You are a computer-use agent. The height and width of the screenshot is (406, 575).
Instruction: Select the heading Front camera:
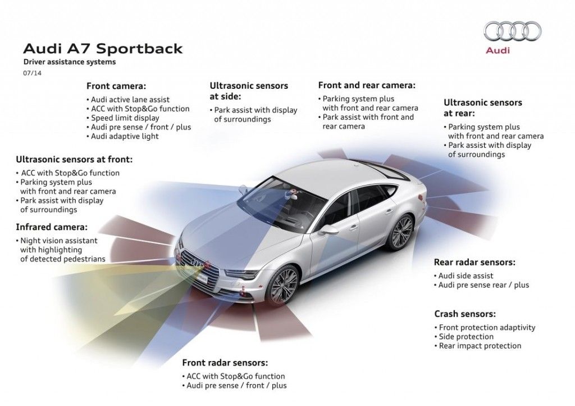pos(116,86)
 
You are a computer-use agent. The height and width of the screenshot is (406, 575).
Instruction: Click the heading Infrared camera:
pos(52,227)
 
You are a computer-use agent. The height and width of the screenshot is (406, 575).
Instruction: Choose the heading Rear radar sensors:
pos(474,262)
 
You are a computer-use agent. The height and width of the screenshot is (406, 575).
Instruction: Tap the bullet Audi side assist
pos(466,276)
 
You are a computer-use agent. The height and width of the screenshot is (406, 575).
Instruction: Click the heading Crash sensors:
pos(465,314)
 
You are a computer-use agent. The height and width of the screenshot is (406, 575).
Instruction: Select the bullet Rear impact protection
pos(480,346)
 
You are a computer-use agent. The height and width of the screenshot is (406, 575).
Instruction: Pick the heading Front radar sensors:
pos(225,363)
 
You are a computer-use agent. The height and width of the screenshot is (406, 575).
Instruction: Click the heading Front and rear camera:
pos(367,85)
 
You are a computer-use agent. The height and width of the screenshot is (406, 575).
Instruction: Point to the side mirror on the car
pos(328,230)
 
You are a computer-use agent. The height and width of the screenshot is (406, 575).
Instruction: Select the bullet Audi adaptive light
pos(125,136)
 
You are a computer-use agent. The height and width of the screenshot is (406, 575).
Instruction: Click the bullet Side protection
pos(466,337)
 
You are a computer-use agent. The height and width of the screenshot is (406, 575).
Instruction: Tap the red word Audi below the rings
pos(498,51)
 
